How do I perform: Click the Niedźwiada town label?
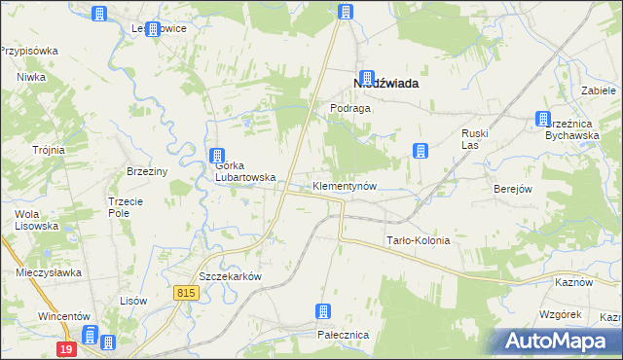tap(385, 84)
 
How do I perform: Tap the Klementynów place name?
tap(344, 185)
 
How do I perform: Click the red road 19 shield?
tap(65, 348)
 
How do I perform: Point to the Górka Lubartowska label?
tap(244, 171)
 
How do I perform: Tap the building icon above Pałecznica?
tap(323, 312)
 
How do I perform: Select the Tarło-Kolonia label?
tap(419, 240)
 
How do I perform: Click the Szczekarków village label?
tap(231, 276)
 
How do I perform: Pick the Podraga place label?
tap(350, 109)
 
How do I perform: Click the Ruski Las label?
tap(474, 139)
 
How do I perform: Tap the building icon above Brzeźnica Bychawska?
tap(542, 120)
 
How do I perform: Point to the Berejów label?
tap(512, 189)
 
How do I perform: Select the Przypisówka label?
tap(30, 51)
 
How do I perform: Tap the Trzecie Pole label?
tap(125, 206)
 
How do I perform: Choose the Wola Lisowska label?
tap(36, 220)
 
